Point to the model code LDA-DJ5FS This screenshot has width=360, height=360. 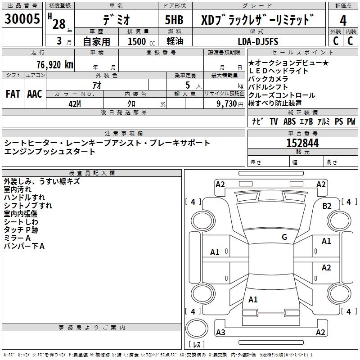click(x=258, y=41)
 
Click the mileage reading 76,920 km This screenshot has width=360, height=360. click(x=54, y=64)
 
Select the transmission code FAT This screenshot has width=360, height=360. click(x=13, y=94)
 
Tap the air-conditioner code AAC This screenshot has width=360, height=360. click(x=35, y=94)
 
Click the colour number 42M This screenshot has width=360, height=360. click(x=74, y=103)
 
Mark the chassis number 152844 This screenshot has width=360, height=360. click(x=302, y=143)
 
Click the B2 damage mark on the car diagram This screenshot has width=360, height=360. click(x=327, y=206)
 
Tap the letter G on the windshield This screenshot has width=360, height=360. click(x=284, y=237)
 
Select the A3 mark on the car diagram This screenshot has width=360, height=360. click(x=220, y=332)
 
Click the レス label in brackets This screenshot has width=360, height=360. click(x=196, y=344)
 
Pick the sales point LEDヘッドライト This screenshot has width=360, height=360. click(x=278, y=71)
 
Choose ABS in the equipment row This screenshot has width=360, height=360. click(x=290, y=121)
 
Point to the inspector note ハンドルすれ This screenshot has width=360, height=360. click(x=24, y=197)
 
